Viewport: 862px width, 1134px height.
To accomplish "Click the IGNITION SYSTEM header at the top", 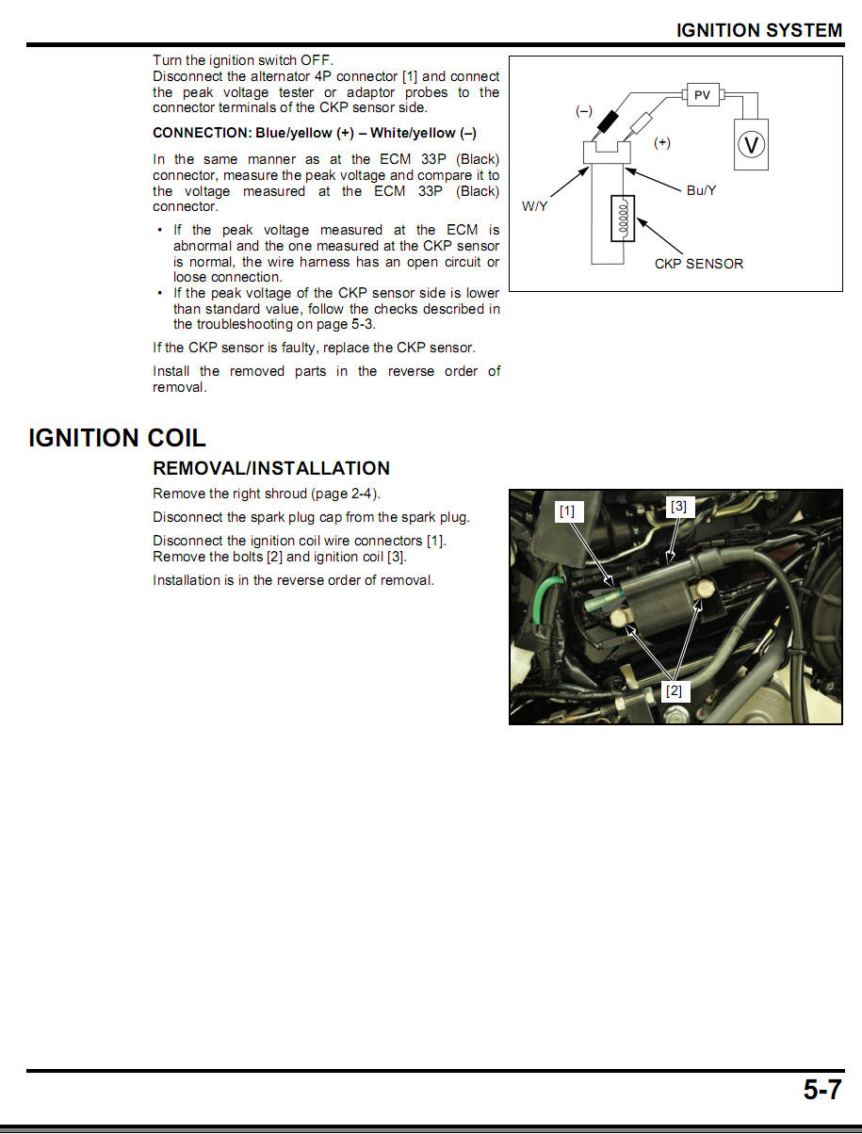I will tap(758, 30).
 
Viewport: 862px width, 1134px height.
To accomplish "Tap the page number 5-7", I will tap(821, 1090).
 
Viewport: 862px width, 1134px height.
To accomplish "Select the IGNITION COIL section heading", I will tap(117, 438).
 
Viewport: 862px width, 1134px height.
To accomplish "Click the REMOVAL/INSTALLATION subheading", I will tap(271, 468).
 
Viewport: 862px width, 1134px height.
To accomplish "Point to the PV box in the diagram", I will tap(702, 95).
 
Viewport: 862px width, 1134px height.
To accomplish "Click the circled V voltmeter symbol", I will tap(751, 145).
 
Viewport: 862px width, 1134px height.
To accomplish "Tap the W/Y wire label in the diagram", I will tap(534, 206).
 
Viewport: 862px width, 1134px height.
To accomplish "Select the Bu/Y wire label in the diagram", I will tap(701, 190).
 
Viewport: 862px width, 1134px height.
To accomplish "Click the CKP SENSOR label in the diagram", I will tap(698, 264).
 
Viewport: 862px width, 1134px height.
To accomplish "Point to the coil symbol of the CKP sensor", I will tap(623, 218).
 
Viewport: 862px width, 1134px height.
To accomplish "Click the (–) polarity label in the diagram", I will tap(584, 111).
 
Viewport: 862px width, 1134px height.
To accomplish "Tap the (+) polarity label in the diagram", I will tap(662, 142).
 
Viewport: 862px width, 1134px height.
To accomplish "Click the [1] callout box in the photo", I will tap(567, 511).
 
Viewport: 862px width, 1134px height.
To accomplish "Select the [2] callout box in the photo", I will tap(674, 690).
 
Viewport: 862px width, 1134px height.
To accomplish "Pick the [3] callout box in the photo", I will tap(678, 506).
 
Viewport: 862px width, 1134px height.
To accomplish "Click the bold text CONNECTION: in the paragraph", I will tap(202, 133).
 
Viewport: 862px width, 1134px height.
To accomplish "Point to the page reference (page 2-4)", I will tap(346, 494).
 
